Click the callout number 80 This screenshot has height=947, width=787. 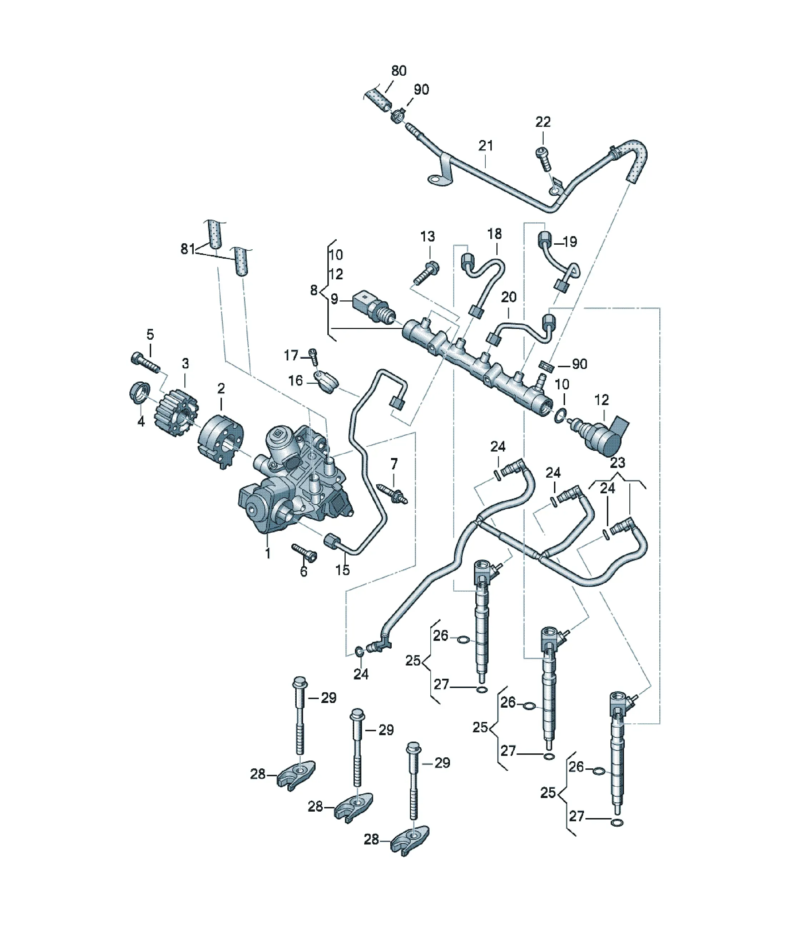coord(399,71)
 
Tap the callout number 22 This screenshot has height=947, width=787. coord(543,122)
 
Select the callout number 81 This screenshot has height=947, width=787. coord(188,249)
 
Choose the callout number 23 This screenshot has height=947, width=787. coord(617,462)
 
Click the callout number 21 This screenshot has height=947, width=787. coord(486,146)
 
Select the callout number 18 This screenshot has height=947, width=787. coord(495,234)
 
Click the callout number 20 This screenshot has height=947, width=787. coord(509,297)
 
